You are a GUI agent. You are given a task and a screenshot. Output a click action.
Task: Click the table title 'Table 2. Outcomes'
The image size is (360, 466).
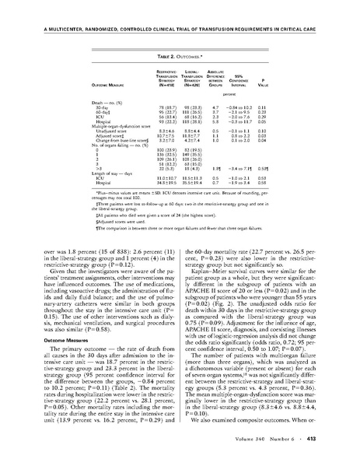pyautogui.click(x=180, y=37)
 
